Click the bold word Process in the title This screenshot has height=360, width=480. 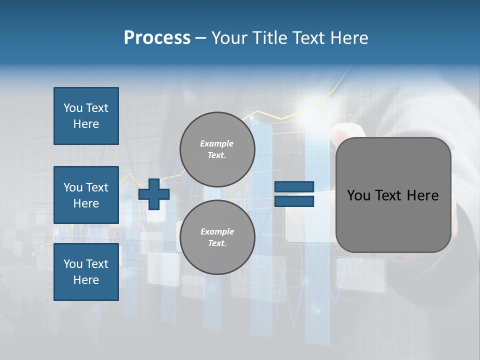157,38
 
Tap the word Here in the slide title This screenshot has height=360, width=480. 348,38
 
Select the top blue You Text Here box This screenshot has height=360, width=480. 86,116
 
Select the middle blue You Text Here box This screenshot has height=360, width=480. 86,195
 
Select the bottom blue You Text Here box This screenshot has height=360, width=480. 86,271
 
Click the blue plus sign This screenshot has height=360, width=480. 154,194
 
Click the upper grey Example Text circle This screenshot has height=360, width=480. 217,149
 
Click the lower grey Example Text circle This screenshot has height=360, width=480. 217,237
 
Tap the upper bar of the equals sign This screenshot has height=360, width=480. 294,187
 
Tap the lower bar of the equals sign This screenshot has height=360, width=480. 294,201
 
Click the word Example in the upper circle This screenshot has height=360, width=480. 217,143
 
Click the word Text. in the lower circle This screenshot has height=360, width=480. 217,243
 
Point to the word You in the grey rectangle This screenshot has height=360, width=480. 358,195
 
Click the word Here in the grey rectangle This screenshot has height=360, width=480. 422,195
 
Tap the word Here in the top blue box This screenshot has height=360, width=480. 86,124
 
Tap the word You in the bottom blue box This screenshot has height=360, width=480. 73,263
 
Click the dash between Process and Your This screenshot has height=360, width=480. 200,38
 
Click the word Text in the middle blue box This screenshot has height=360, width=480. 97,187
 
